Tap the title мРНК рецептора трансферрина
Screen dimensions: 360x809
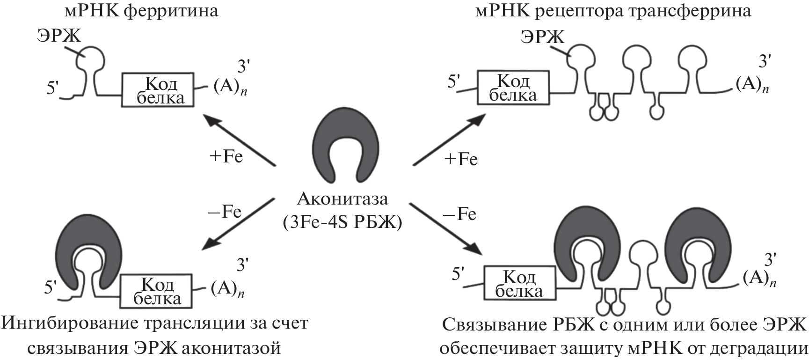tap(613, 10)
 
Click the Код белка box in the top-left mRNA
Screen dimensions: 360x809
tap(158, 89)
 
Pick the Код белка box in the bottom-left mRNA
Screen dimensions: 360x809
tap(156, 291)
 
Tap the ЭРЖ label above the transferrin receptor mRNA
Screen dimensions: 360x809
tap(542, 36)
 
